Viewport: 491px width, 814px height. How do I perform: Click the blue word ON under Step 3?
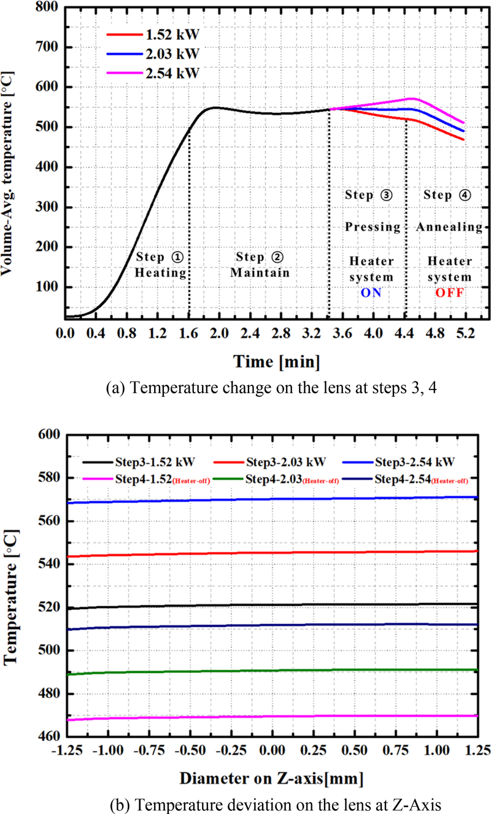point(371,293)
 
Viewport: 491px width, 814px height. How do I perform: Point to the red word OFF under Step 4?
point(449,293)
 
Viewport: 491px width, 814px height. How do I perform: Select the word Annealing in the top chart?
point(449,227)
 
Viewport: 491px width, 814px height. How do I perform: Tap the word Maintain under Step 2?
point(260,272)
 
